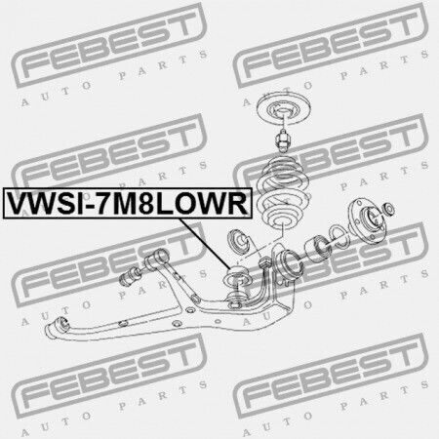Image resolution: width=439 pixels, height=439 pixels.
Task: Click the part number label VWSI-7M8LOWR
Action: tap(127, 203)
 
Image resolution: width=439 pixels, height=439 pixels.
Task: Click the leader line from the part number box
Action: tap(205, 243)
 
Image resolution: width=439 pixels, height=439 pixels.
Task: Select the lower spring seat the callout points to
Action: tap(236, 277)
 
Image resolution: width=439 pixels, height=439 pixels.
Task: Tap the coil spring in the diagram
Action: tap(283, 192)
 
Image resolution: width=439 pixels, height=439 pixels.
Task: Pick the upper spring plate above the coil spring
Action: tap(284, 109)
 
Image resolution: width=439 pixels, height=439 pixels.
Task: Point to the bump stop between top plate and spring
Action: tap(284, 140)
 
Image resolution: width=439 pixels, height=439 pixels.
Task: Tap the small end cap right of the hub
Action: tap(389, 209)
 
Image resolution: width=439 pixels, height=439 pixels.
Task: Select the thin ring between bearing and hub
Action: tap(339, 235)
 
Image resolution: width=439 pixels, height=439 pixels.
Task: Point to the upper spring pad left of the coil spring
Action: tap(240, 243)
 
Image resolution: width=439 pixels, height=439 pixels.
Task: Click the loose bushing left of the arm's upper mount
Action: tap(130, 276)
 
